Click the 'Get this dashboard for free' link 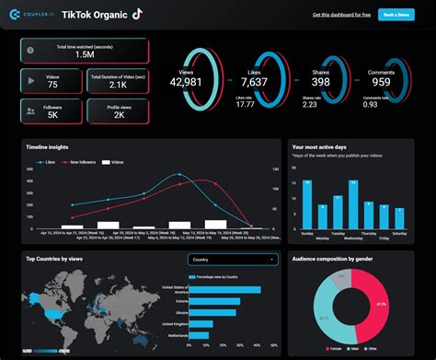[x=342, y=15]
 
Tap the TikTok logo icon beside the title [x=137, y=14]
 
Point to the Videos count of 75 [x=53, y=85]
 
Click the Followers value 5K [x=53, y=116]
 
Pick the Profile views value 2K [x=119, y=116]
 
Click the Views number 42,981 [x=185, y=83]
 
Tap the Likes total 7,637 [x=257, y=83]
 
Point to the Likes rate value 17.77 [x=245, y=104]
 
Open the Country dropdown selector [x=233, y=259]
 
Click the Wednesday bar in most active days [x=352, y=204]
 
